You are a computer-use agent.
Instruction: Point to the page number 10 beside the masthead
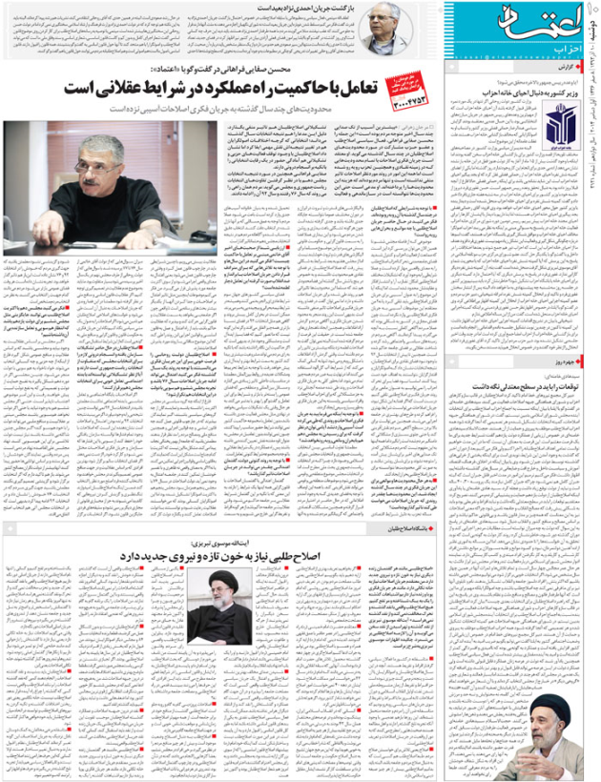589,11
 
